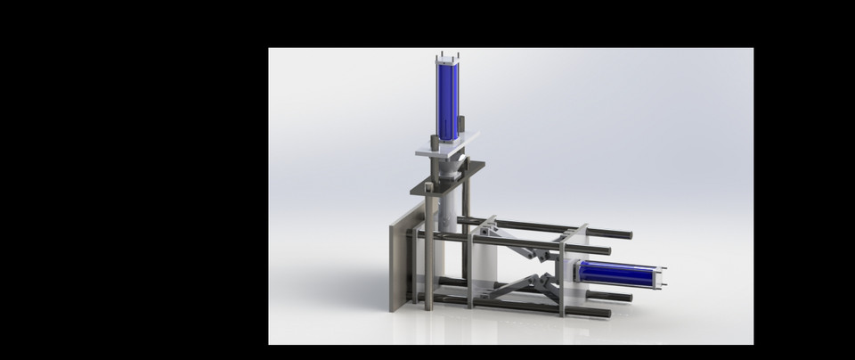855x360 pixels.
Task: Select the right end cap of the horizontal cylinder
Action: pos(664,278)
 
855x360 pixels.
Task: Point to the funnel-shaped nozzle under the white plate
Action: pos(457,168)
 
